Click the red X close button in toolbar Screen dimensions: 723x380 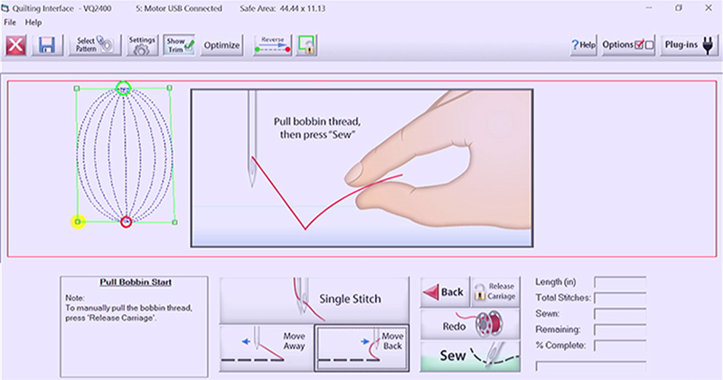coord(15,45)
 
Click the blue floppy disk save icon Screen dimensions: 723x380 coord(47,45)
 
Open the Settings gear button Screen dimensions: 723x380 coord(142,45)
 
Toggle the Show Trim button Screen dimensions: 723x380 coord(179,45)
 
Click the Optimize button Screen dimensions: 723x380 coord(221,45)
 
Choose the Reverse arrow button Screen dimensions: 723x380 coord(273,45)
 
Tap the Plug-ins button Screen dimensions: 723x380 coord(689,45)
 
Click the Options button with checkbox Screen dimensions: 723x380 coord(628,45)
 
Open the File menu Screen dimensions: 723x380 coord(10,22)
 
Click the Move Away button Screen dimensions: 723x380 coord(267,347)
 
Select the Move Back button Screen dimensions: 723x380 coord(361,347)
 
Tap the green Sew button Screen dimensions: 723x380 coord(470,356)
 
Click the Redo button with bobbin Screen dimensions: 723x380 coord(470,325)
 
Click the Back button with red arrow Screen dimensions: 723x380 coord(445,292)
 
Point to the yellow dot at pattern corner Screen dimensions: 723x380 coord(78,222)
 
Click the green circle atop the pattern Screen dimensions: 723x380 coord(124,88)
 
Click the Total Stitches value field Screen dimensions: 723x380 coord(620,299)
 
